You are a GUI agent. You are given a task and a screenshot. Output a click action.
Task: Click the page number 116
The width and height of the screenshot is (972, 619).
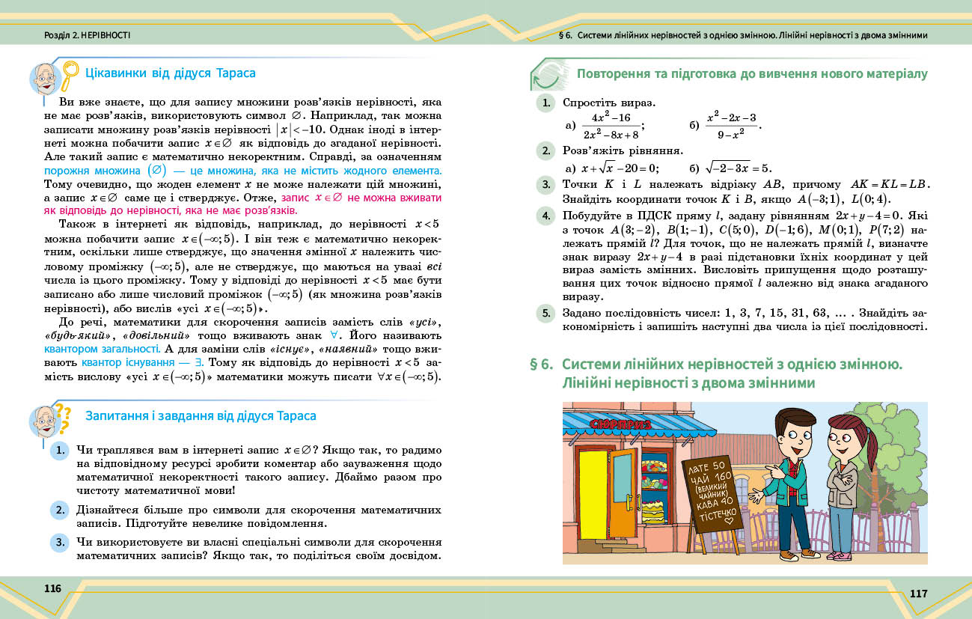52,588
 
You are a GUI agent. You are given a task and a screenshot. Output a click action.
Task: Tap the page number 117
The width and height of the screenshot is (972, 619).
918,594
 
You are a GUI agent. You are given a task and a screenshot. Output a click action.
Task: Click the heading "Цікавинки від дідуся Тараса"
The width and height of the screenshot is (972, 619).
171,73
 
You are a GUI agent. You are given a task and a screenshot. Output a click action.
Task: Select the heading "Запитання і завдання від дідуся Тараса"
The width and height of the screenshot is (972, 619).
201,415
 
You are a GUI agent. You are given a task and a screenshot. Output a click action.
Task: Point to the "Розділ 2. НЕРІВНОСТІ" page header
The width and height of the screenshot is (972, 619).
87,35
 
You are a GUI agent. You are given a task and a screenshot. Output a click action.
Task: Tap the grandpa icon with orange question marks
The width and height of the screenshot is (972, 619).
51,422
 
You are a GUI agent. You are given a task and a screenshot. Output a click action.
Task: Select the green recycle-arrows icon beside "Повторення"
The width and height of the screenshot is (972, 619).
548,75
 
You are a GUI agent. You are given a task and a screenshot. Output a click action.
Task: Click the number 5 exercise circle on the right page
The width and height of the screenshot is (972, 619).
546,314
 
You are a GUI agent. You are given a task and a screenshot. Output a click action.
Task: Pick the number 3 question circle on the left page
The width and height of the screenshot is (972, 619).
60,541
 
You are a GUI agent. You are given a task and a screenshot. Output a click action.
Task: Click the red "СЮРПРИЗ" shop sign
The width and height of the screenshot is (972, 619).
622,424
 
